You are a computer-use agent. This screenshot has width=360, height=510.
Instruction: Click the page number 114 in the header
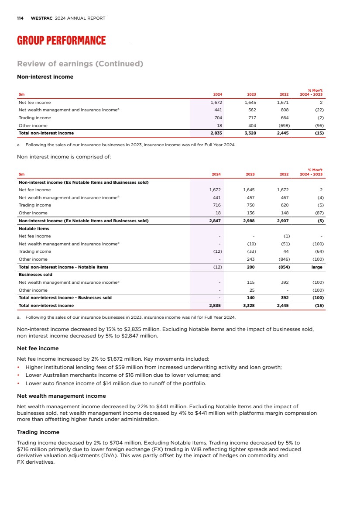(20, 18)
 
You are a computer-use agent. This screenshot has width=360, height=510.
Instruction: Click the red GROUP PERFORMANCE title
(61, 41)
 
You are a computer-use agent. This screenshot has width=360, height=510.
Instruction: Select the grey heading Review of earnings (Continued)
(80, 64)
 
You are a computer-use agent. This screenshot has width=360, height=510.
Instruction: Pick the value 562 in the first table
(251, 110)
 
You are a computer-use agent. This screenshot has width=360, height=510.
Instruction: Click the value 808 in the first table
(284, 110)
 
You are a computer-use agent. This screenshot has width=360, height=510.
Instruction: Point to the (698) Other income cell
(282, 125)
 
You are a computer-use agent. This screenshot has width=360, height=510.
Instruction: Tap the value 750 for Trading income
(251, 205)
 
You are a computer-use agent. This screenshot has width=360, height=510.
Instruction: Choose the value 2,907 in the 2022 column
(283, 221)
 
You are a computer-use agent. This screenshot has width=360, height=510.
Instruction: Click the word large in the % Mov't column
(316, 267)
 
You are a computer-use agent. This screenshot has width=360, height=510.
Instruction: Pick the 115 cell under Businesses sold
(251, 282)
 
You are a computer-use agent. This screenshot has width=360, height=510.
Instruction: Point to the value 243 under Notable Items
(251, 259)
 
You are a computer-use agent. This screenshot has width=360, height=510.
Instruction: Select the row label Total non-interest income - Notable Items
(63, 267)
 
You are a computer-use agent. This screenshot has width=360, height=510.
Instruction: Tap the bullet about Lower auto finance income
(116, 383)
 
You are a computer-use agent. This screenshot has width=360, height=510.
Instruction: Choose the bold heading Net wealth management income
(61, 396)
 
